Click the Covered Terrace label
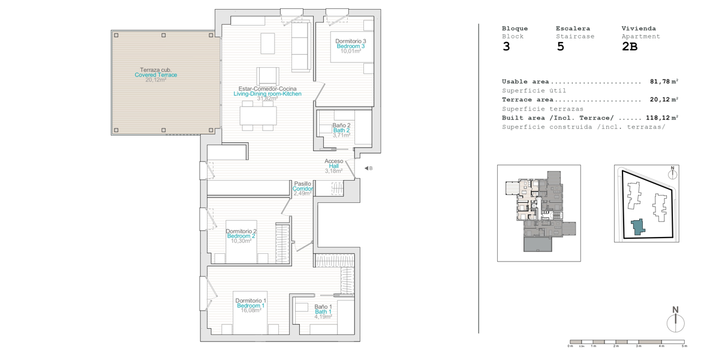(156, 75)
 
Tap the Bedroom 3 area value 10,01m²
(351, 51)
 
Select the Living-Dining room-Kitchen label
(267, 94)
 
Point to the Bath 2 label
(341, 130)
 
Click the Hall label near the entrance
(333, 166)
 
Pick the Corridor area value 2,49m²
(303, 194)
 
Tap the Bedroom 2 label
(241, 236)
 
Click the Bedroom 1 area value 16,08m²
(251, 311)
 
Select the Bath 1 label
(323, 312)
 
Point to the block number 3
(506, 47)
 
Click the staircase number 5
(560, 47)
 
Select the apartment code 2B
(630, 47)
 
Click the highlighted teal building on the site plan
(637, 227)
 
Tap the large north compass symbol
(676, 320)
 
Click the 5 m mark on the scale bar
(684, 346)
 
